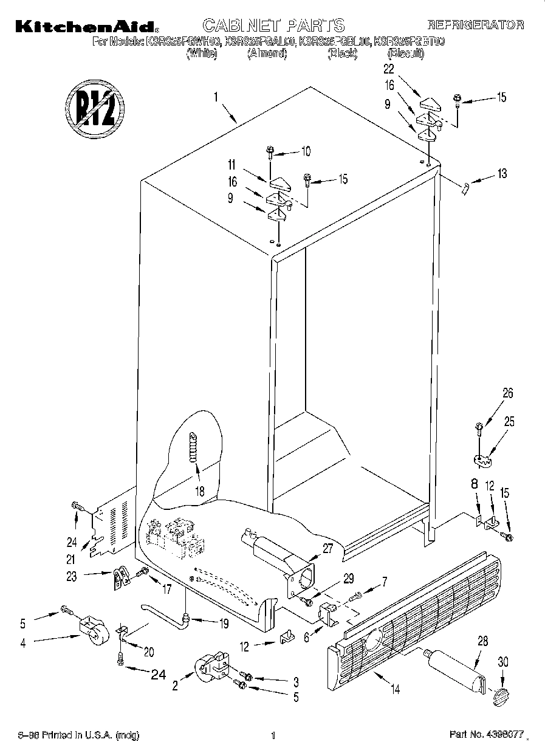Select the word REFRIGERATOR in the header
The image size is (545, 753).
[x=476, y=25]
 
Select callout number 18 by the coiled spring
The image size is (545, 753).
[x=199, y=490]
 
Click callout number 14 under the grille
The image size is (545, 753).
[x=396, y=689]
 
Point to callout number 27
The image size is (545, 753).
[x=327, y=548]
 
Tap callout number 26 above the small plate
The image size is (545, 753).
[x=508, y=393]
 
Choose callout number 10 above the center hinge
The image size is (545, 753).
[x=305, y=151]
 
